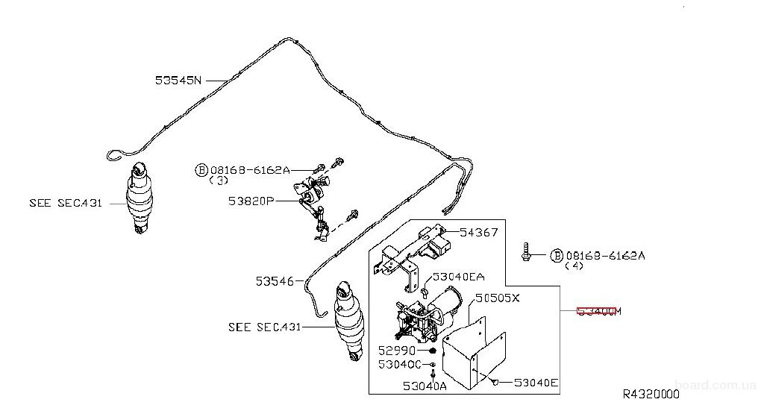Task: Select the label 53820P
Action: pos(252,201)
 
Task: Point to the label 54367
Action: pos(479,233)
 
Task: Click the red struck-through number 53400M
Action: pos(598,311)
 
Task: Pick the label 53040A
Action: pos(425,386)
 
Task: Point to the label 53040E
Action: pos(536,383)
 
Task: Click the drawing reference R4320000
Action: pos(651,394)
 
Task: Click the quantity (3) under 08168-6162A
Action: pos(219,181)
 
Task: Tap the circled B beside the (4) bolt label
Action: pos(556,256)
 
